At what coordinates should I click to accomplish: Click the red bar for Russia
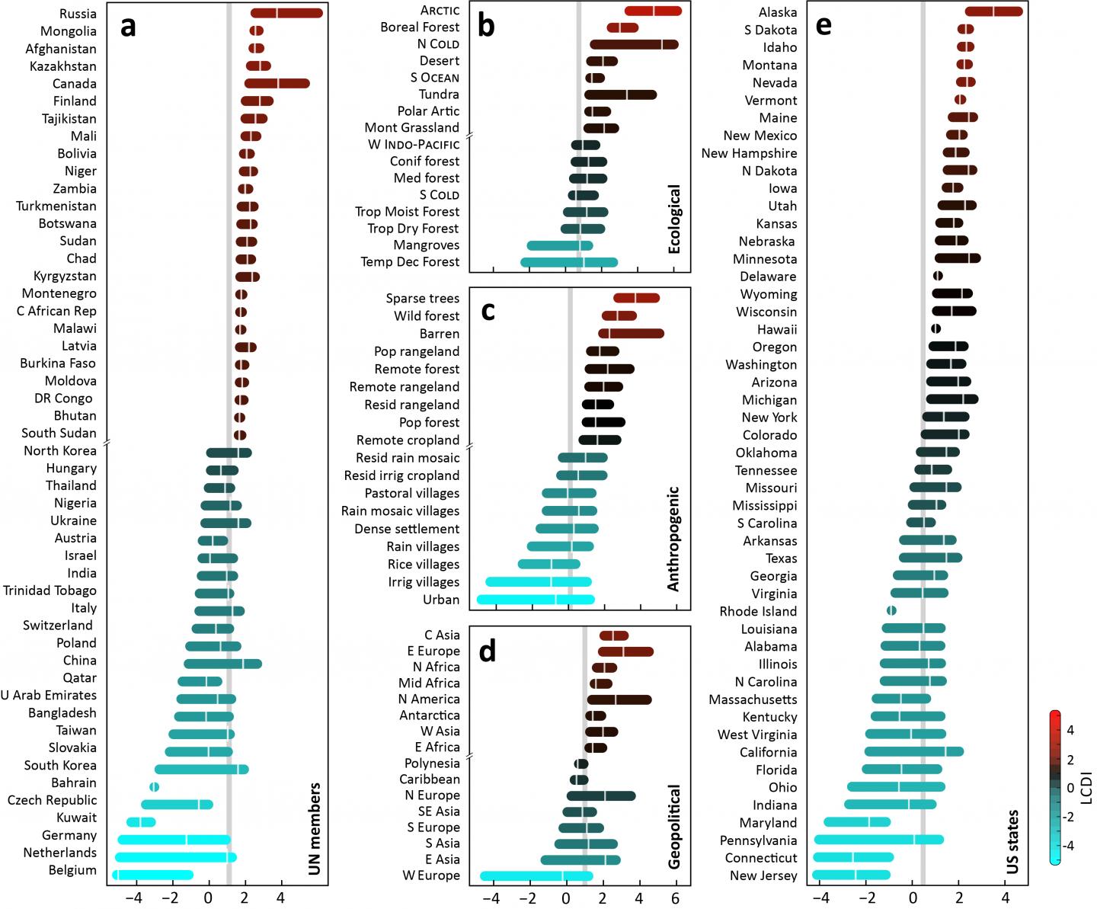[x=286, y=13]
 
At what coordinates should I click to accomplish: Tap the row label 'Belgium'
[x=72, y=870]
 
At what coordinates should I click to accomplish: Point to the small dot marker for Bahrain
[x=155, y=786]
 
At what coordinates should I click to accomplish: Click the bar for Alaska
[x=993, y=11]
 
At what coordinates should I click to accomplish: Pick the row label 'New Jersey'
[x=763, y=875]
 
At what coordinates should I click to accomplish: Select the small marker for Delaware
[x=938, y=276]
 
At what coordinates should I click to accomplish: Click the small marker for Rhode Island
[x=891, y=610]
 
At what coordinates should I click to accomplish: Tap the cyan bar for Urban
[x=535, y=600]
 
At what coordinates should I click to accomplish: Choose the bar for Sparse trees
[x=636, y=298]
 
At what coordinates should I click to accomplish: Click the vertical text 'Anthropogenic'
[x=673, y=539]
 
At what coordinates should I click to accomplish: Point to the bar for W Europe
[x=536, y=875]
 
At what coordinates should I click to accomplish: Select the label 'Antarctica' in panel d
[x=430, y=715]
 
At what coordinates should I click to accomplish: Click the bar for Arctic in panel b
[x=653, y=11]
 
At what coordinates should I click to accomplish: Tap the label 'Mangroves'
[x=427, y=245]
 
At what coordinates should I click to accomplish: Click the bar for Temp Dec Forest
[x=568, y=262]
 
